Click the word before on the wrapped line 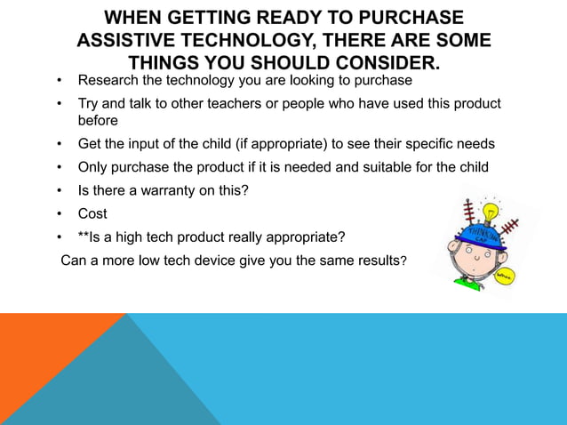[x=99, y=121]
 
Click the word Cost [x=92, y=214]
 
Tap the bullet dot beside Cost [x=58, y=214]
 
